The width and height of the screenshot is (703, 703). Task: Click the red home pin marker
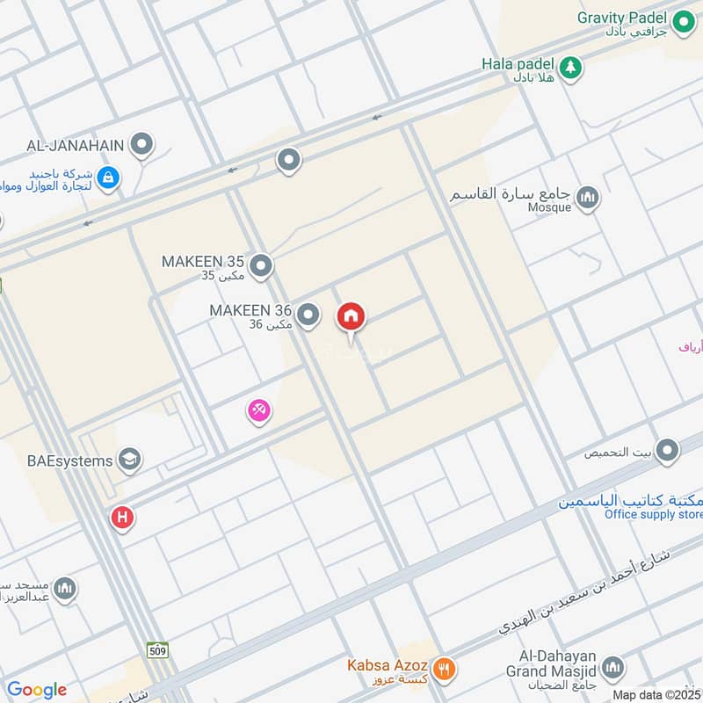point(351,317)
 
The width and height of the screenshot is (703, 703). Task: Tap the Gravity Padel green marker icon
point(683,18)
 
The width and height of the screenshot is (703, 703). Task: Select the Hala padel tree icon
point(571,67)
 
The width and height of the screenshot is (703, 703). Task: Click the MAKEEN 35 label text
point(202,262)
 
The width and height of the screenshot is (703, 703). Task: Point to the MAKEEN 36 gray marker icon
point(308,314)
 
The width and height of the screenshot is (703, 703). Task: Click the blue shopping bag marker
point(108,178)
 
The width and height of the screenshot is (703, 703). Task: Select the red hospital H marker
point(122,518)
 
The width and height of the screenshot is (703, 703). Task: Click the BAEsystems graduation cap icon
point(130,460)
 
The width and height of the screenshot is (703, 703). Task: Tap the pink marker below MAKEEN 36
point(258,409)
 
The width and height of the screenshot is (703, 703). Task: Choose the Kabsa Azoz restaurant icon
point(445,667)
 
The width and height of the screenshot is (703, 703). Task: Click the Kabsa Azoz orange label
point(386,666)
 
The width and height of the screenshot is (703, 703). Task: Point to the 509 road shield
point(157,650)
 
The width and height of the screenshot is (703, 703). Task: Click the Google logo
point(37,689)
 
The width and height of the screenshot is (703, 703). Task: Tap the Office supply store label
point(654,514)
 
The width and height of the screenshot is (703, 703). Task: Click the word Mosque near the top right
point(550,207)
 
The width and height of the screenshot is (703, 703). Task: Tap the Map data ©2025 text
point(656,694)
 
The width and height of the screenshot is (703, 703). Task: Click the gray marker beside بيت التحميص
point(667,452)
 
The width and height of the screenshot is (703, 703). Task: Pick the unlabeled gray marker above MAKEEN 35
point(288,161)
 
